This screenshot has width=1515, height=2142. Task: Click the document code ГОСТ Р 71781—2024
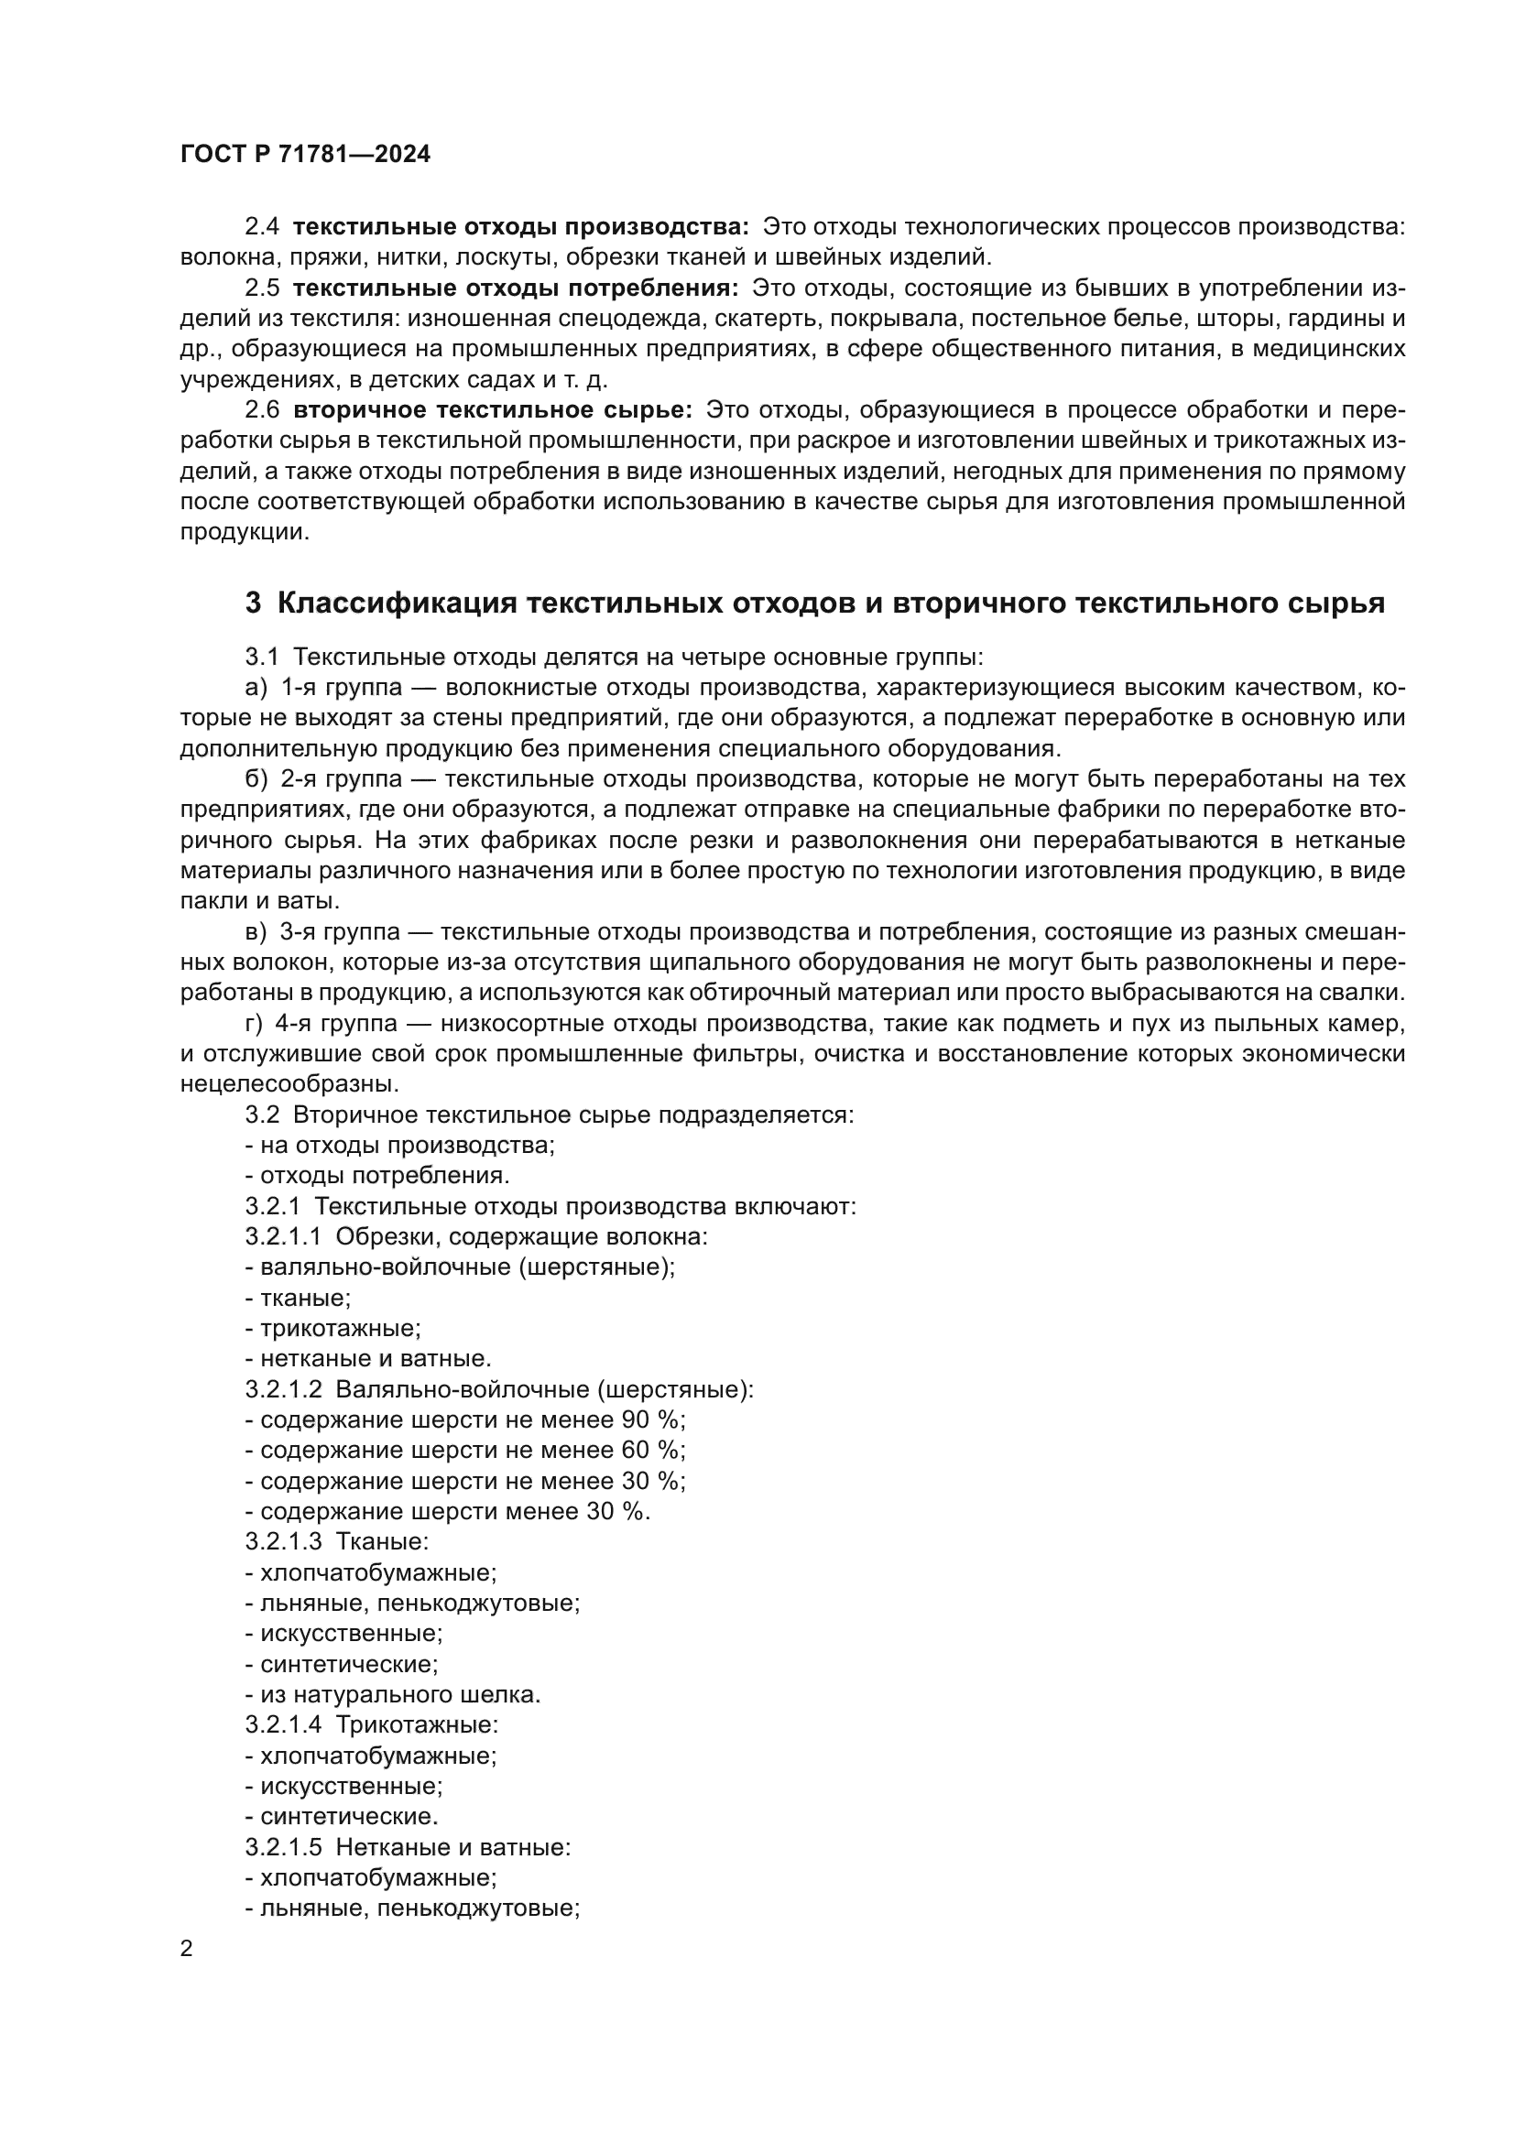point(305,155)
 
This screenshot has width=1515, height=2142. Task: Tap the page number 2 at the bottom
point(187,1949)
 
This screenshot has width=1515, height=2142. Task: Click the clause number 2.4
point(261,227)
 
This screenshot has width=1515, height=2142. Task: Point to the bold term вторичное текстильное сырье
point(493,409)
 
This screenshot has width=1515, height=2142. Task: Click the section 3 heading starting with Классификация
point(814,603)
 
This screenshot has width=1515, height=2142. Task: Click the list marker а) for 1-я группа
point(256,689)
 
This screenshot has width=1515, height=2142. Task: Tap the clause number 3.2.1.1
point(283,1237)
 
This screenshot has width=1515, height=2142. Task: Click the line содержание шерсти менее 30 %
point(448,1511)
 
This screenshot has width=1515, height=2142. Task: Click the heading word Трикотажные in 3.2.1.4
point(417,1725)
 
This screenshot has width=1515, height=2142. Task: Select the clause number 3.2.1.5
point(283,1846)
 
